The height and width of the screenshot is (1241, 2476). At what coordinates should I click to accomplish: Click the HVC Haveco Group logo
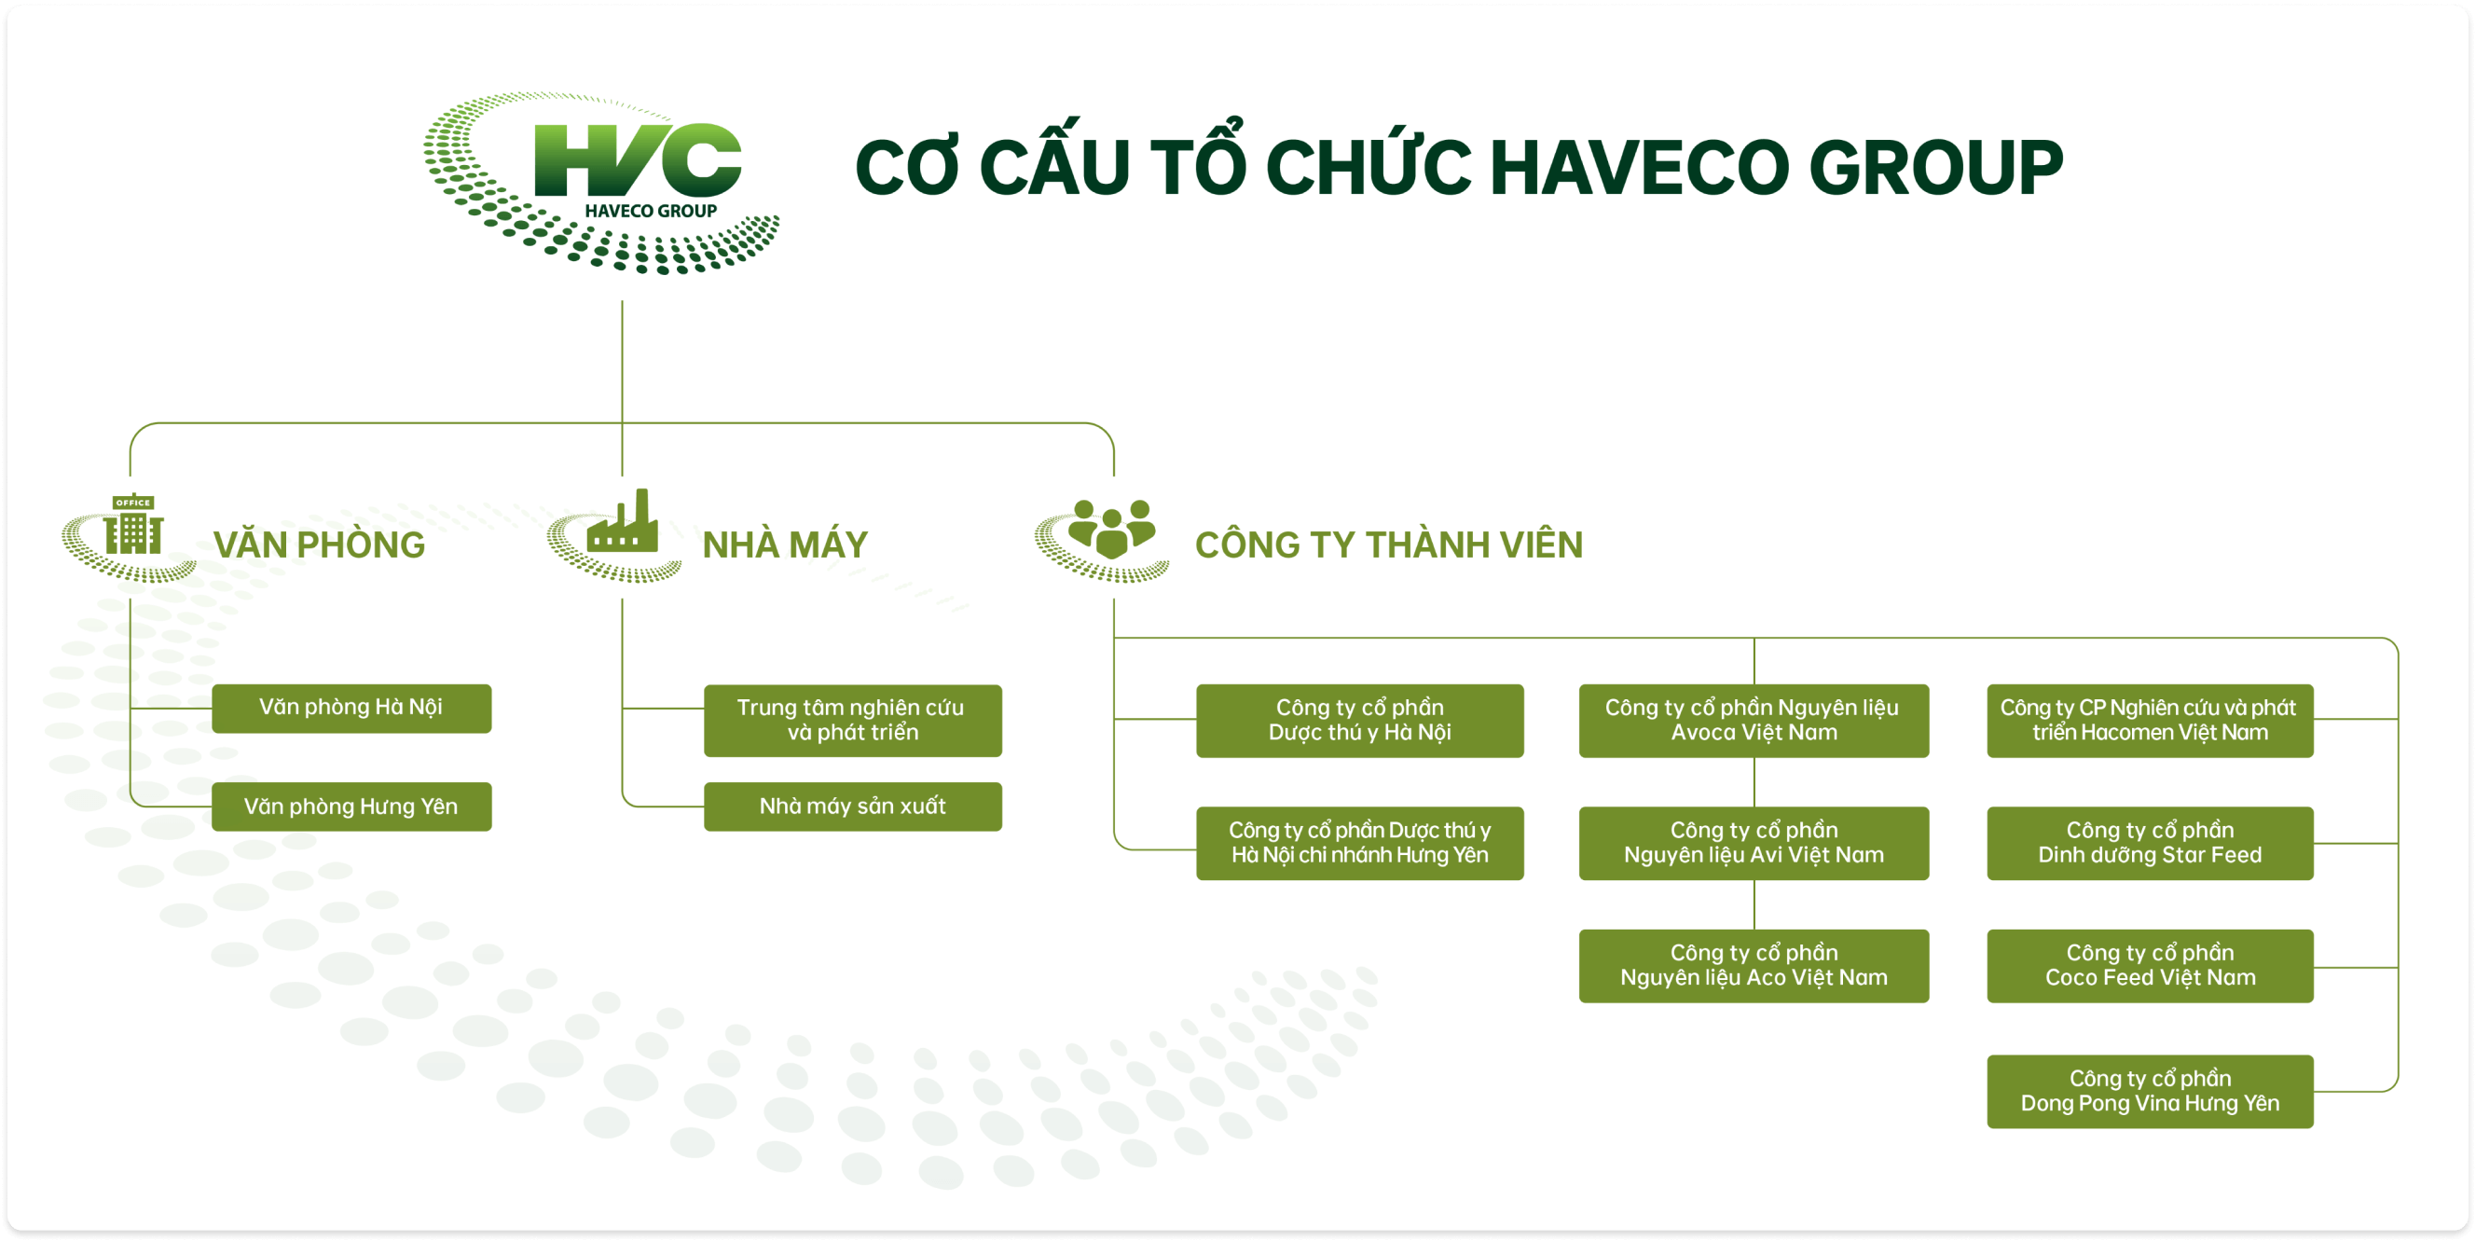click(600, 183)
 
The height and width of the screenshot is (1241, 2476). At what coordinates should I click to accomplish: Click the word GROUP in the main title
click(1936, 168)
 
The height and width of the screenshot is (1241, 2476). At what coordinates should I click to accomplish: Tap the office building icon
click(132, 525)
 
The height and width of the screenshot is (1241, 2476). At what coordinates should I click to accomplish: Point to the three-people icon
click(1111, 528)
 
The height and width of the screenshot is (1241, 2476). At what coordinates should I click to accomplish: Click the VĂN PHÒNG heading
click(319, 545)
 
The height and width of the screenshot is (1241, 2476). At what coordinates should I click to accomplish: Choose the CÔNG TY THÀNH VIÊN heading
click(1389, 545)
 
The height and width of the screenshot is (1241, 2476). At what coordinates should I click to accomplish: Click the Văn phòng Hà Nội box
click(351, 709)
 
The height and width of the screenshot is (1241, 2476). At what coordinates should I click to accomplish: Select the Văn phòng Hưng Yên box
click(351, 807)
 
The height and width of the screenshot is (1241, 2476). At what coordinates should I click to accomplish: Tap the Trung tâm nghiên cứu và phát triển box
click(853, 721)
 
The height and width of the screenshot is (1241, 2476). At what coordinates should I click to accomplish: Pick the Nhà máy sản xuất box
click(853, 807)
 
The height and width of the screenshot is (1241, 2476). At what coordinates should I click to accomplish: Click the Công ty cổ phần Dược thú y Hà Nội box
click(1360, 721)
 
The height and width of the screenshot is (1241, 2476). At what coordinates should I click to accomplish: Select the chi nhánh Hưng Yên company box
click(1360, 844)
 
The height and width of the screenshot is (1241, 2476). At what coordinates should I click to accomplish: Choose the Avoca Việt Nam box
click(1754, 721)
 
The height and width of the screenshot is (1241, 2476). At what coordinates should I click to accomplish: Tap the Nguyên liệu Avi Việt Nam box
click(1754, 844)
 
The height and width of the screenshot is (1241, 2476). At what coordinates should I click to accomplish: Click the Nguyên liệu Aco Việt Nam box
click(1754, 966)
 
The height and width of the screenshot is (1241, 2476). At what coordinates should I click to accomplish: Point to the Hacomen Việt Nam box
click(2150, 721)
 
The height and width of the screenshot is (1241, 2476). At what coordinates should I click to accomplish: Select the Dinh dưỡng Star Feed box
click(2150, 844)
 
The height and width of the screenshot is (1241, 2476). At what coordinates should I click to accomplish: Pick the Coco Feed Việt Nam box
click(2150, 966)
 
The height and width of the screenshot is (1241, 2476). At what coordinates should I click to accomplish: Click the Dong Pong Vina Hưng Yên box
click(2150, 1092)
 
